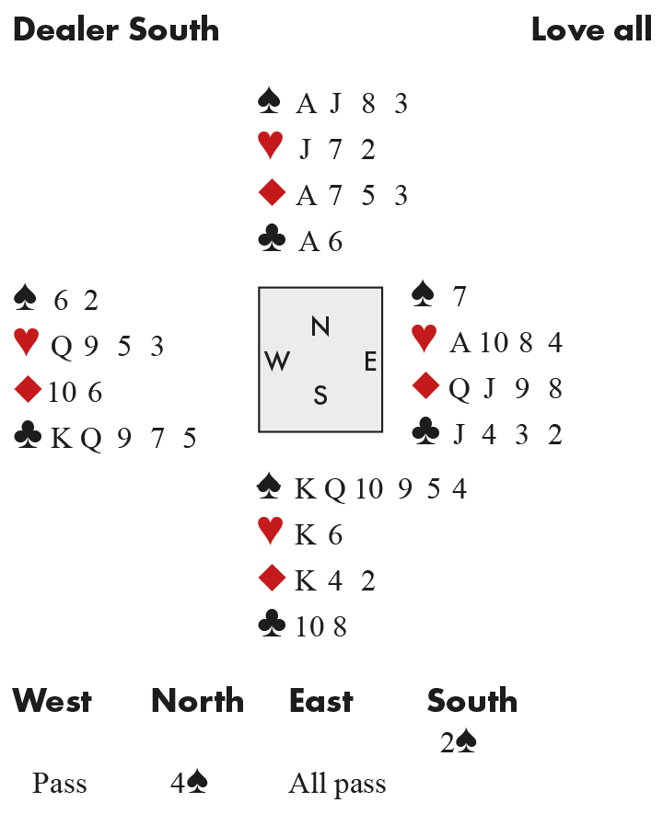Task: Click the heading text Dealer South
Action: click(x=116, y=29)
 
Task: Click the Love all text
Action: click(x=591, y=29)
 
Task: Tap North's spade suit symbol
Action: click(x=270, y=101)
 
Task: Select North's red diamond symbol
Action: click(x=272, y=193)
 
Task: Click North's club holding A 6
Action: click(x=320, y=241)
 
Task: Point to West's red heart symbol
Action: click(x=27, y=344)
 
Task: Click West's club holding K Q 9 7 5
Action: click(x=123, y=438)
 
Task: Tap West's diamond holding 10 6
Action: click(x=75, y=393)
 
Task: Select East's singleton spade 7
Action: click(x=459, y=297)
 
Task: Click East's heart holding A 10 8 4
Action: click(x=506, y=343)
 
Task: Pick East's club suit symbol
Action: click(x=425, y=432)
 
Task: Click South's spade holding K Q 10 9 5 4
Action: click(x=380, y=488)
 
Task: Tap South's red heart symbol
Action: click(x=271, y=533)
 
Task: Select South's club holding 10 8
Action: click(x=320, y=627)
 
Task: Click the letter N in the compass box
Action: click(x=320, y=326)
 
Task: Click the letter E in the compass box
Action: click(x=370, y=361)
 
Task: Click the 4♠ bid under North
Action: click(x=190, y=784)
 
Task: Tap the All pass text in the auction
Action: click(x=337, y=784)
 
